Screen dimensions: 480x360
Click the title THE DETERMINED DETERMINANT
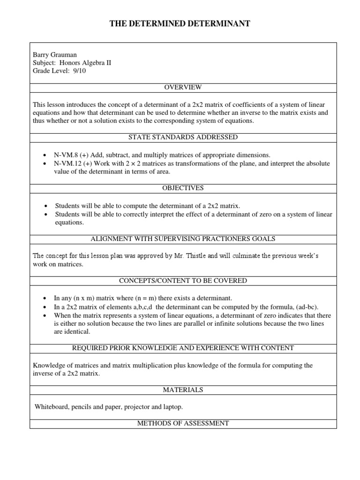coord(180,24)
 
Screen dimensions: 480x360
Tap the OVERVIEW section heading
coord(183,87)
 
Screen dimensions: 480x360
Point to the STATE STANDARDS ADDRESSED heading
coord(183,137)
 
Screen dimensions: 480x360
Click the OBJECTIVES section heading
coord(183,188)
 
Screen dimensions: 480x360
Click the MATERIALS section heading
coord(183,390)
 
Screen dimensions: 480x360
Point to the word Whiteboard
coord(52,407)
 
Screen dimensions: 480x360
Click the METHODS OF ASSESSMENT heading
coord(183,423)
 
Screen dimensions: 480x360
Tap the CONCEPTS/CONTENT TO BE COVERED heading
coord(183,281)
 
